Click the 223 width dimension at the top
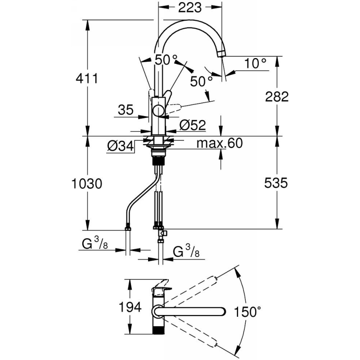190,8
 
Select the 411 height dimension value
87,78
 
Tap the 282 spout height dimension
277,97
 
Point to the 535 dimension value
276,183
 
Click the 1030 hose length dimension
87,184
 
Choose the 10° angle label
255,63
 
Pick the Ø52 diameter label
193,125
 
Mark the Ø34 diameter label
120,145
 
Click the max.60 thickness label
220,143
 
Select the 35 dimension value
126,110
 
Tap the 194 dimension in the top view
130,307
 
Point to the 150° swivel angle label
247,312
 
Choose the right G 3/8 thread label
186,251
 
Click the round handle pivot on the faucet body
159,110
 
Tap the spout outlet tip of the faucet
221,54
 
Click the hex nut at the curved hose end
128,228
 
